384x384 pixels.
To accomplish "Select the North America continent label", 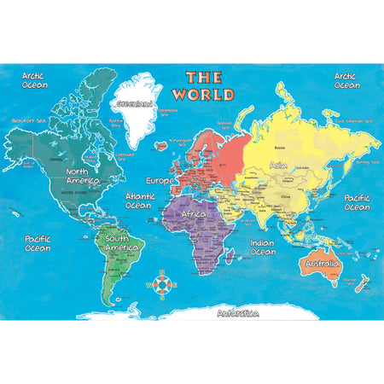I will (82, 176).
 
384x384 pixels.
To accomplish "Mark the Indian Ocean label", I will (262, 247).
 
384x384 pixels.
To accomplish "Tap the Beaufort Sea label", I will (27, 120).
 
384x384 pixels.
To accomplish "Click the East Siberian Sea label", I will (353, 120).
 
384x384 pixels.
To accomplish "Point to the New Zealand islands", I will (359, 283).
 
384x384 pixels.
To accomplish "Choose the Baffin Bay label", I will (115, 123).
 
